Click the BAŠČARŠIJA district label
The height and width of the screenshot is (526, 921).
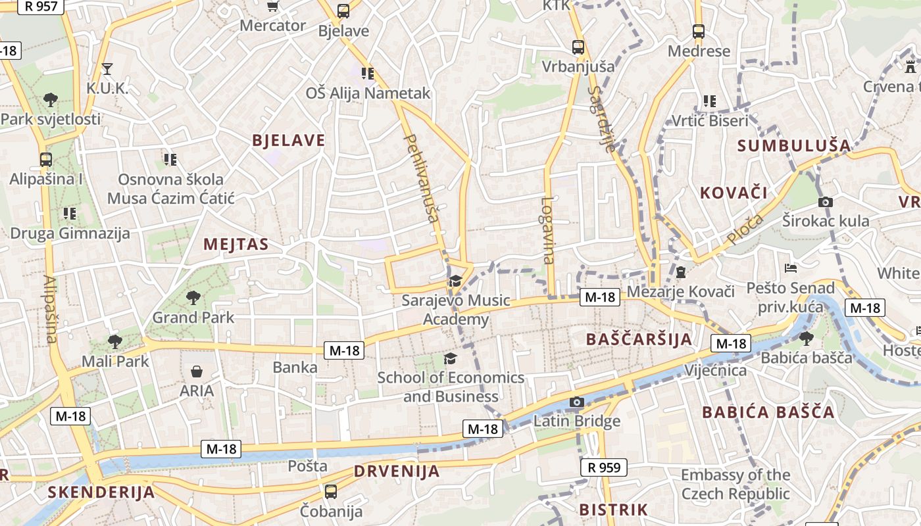(x=638, y=339)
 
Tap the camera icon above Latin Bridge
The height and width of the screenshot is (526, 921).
(x=577, y=402)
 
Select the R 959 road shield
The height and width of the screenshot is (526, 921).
(x=603, y=467)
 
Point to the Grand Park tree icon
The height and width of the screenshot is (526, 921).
(x=193, y=298)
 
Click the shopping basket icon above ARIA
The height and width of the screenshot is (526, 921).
(x=197, y=371)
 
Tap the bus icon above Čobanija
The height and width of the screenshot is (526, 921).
(x=331, y=491)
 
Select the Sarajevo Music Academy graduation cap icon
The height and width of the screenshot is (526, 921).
(x=455, y=281)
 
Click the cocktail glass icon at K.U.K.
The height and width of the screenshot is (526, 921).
(x=107, y=68)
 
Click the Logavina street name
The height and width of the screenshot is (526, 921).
(x=548, y=230)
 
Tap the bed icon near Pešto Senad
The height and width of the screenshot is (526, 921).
(x=791, y=268)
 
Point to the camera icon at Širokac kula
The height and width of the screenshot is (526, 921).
(x=825, y=202)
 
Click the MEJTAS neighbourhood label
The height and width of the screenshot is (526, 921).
(x=236, y=245)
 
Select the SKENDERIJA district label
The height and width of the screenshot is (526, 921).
(x=101, y=492)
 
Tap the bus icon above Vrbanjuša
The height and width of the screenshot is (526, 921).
(x=578, y=47)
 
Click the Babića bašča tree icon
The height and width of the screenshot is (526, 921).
(x=806, y=338)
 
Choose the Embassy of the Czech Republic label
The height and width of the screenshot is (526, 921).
(x=735, y=484)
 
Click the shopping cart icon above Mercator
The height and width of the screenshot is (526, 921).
(x=272, y=7)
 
